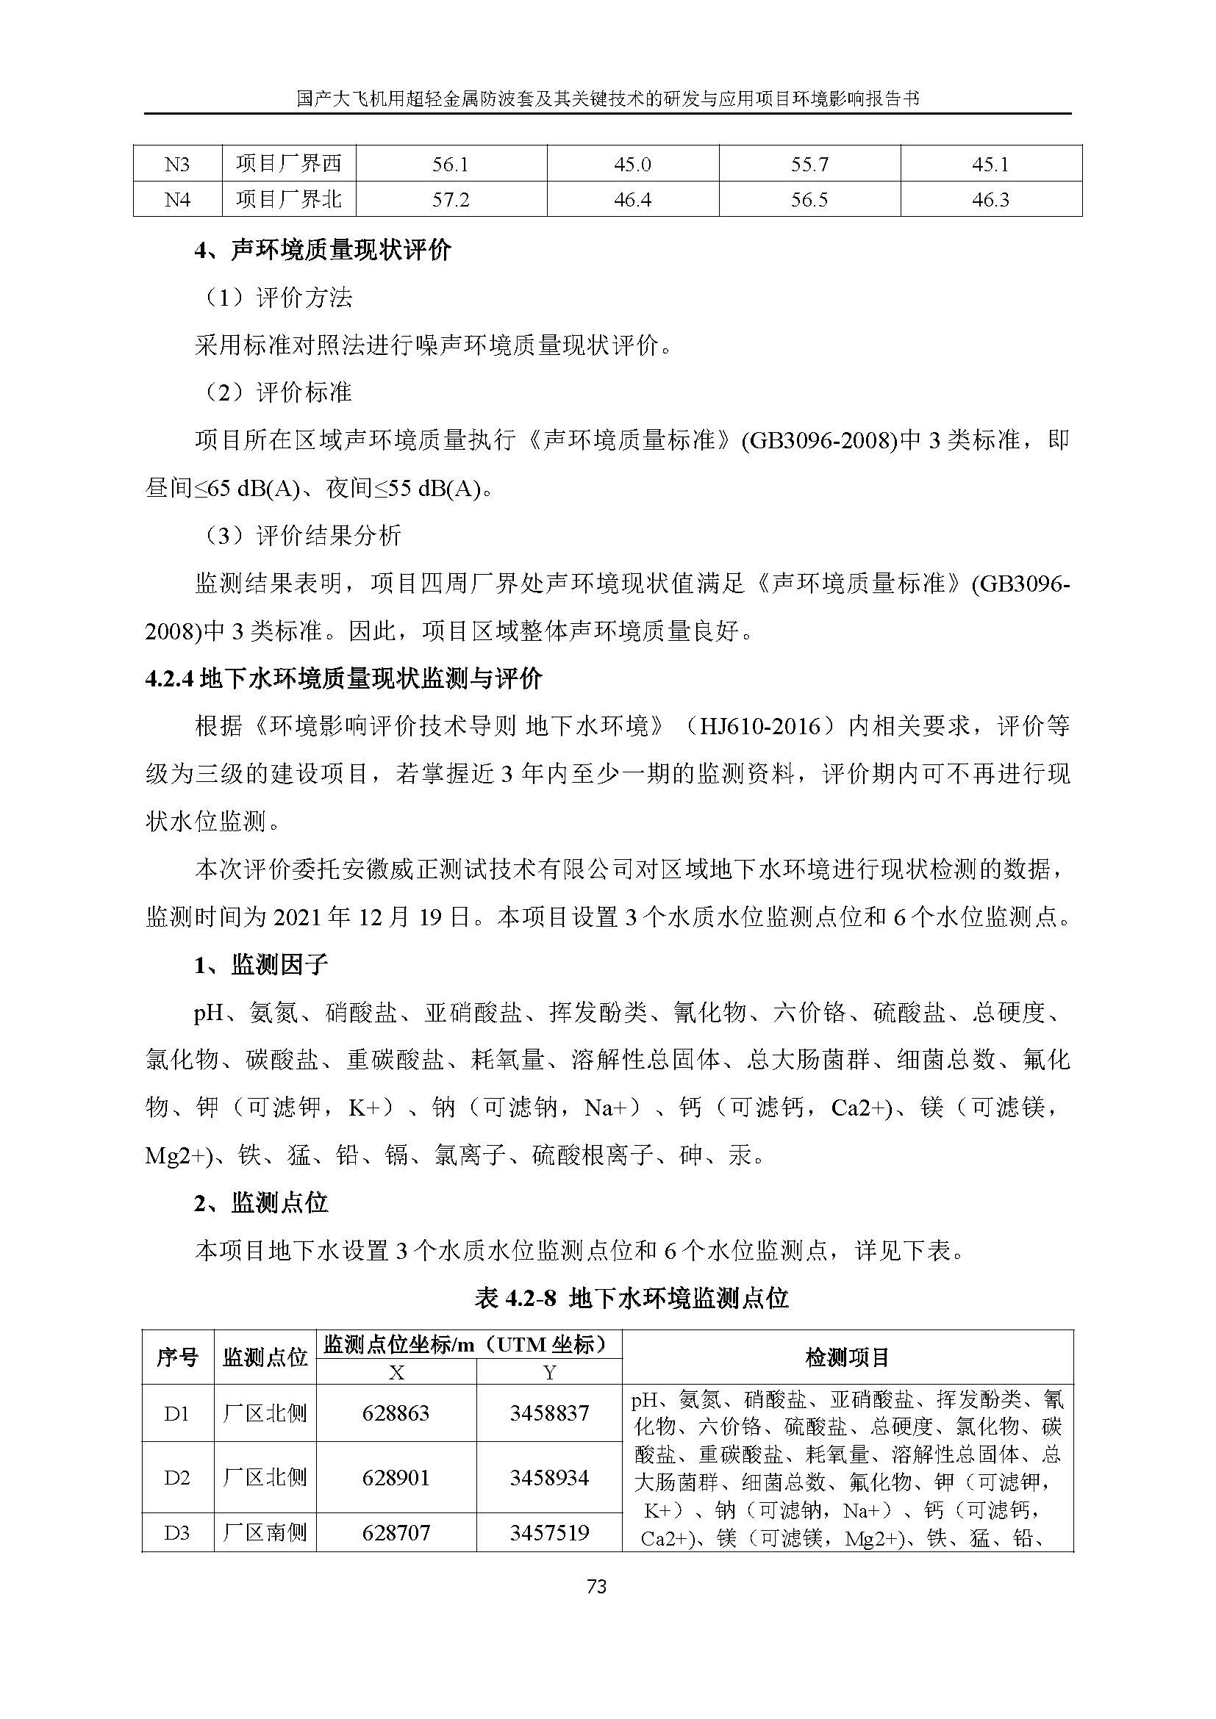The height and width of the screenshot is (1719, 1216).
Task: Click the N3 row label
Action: point(177,163)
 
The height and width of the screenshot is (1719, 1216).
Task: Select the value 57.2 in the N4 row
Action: point(451,200)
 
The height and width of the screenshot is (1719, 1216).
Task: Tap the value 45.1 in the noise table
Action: point(990,163)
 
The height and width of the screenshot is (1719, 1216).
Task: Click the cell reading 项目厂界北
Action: point(288,200)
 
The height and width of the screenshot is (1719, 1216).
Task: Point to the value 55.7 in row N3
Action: point(809,163)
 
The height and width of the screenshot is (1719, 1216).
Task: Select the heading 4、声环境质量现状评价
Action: point(323,250)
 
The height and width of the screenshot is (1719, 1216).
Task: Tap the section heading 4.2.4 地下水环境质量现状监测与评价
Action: point(343,679)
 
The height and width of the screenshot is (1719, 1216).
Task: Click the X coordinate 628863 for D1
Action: point(396,1413)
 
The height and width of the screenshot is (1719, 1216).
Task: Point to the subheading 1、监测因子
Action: point(260,965)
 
